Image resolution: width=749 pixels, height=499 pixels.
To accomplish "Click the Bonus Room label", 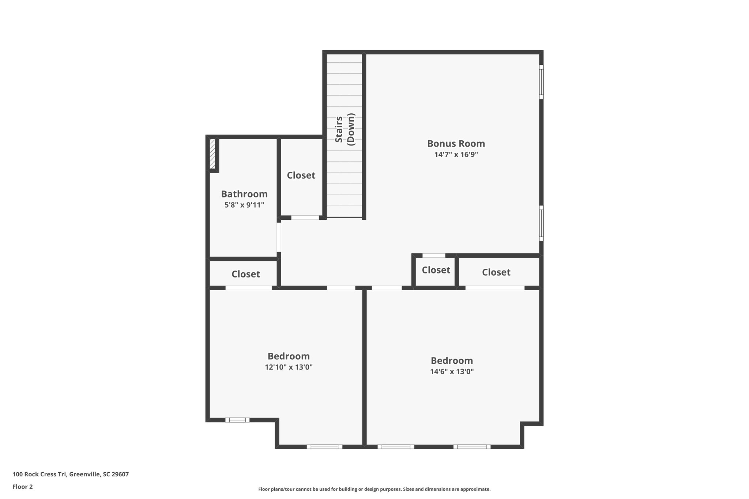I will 456,143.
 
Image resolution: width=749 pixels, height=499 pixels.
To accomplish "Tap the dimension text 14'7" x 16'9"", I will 456,155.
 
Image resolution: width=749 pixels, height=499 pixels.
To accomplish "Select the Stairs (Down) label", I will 345,130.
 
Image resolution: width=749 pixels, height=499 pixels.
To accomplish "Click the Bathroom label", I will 244,194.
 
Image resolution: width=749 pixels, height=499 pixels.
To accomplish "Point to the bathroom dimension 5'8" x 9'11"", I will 244,205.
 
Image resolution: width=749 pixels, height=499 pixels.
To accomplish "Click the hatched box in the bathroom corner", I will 212,154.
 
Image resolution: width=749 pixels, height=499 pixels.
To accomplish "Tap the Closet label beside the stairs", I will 301,175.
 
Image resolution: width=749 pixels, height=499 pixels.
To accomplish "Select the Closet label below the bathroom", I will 245,274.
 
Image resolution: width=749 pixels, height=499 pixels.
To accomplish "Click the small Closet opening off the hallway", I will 436,270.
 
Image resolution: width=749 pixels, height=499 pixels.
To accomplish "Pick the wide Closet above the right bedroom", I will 496,272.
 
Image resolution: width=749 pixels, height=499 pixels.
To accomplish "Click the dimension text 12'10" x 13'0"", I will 289,367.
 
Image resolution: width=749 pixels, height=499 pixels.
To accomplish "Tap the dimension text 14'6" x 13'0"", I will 452,371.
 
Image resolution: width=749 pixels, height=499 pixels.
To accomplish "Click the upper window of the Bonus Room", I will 541,82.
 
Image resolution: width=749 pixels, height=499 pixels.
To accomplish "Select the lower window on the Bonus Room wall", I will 541,223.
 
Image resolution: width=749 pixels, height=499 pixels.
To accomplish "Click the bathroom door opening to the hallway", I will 279,237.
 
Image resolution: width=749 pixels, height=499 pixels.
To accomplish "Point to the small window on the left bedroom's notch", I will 237,420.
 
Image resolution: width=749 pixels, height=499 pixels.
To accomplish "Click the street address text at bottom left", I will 71,475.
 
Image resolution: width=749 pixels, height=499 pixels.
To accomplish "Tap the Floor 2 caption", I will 23,487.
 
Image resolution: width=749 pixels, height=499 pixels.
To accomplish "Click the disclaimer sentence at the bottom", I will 374,489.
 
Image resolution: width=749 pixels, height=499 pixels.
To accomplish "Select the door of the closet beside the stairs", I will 305,218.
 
